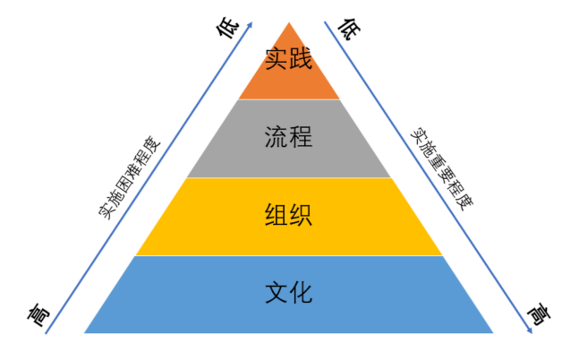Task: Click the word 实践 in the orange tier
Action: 289,60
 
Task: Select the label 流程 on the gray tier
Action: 289,138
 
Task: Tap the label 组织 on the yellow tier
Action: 289,216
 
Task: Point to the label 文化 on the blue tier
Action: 289,293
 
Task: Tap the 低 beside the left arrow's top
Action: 231,30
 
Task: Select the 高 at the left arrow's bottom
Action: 37,314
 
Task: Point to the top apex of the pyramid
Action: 289,22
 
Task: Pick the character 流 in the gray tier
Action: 277,138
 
